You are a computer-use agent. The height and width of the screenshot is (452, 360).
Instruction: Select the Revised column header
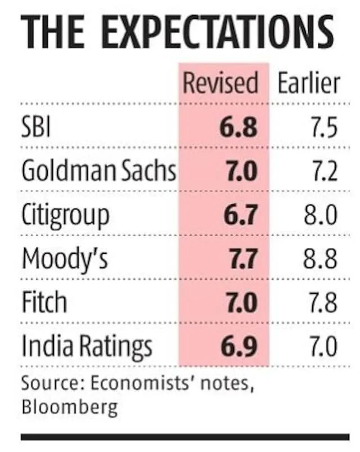221,83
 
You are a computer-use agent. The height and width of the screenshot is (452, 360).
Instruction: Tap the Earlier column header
309,83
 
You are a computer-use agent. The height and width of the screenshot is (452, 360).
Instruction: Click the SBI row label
36,128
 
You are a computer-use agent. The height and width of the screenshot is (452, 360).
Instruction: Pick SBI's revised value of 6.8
238,128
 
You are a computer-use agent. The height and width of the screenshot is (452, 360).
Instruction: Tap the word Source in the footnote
48,384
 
